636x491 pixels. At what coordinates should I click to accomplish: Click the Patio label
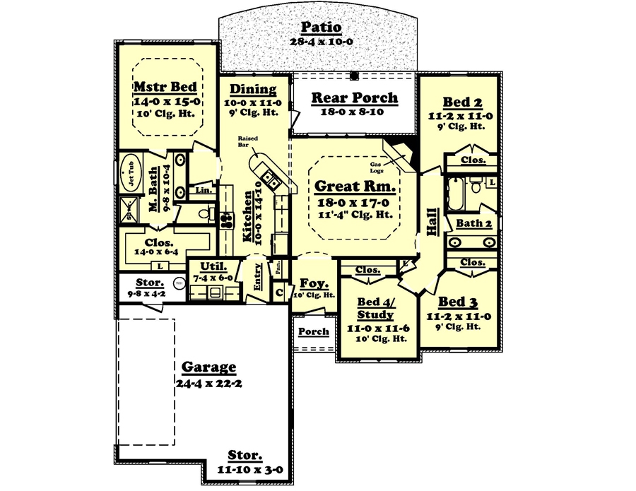tap(322, 28)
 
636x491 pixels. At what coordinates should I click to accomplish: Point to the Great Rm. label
tap(353, 187)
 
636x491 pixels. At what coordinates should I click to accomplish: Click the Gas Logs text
tap(379, 168)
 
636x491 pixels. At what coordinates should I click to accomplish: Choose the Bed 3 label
tap(457, 302)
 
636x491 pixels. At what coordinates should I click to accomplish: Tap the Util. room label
tap(213, 266)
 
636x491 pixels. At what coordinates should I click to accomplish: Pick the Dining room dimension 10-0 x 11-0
tap(253, 102)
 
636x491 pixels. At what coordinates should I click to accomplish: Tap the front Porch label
tap(313, 331)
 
